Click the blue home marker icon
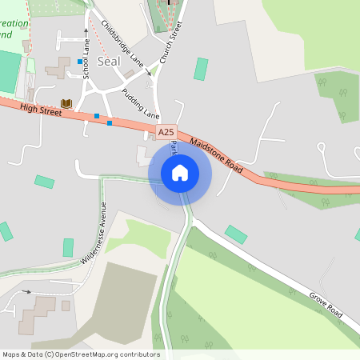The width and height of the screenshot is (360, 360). pyautogui.click(x=180, y=173)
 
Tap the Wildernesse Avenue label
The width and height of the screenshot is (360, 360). pyautogui.click(x=94, y=233)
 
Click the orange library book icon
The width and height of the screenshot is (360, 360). pyautogui.click(x=66, y=103)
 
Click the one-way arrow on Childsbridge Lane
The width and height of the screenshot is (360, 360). pyautogui.click(x=147, y=73)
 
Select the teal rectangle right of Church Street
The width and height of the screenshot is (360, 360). pyautogui.click(x=201, y=69)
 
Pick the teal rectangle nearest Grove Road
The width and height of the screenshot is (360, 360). pyautogui.click(x=236, y=234)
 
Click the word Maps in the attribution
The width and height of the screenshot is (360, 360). pyautogui.click(x=11, y=354)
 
